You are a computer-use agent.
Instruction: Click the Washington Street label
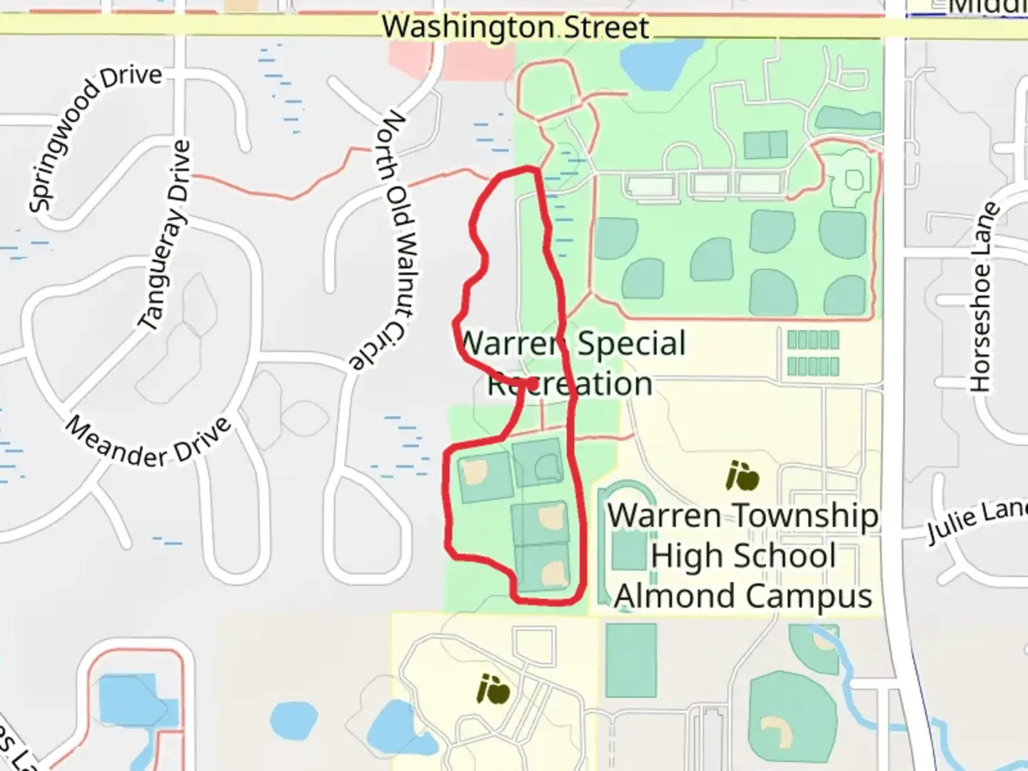515,27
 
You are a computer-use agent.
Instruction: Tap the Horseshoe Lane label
983,296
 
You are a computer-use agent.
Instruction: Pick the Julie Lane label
977,521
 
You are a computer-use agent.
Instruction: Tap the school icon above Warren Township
742,476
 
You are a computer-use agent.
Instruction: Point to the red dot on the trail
532,384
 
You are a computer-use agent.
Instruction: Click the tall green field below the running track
631,660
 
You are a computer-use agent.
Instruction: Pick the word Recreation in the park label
569,384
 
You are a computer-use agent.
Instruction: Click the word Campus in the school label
827,596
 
